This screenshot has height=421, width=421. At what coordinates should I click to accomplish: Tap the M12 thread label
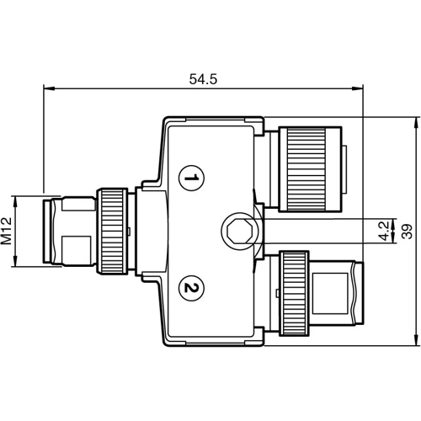tap(6, 232)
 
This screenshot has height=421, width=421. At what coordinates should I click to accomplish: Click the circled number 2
tap(192, 289)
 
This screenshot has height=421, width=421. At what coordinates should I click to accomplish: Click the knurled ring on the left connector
tap(113, 232)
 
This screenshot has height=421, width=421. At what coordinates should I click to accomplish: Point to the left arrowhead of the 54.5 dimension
tap(45, 87)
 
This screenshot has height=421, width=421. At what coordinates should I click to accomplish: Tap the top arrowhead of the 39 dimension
tap(417, 120)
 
